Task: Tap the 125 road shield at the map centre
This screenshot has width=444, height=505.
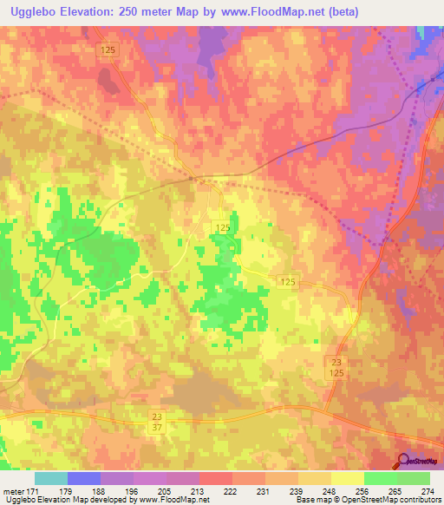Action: click(x=223, y=227)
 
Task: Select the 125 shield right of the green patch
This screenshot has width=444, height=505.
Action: click(x=289, y=283)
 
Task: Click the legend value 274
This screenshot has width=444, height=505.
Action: click(x=428, y=490)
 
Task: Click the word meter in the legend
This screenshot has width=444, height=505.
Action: click(x=14, y=490)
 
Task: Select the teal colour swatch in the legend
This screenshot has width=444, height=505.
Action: click(x=51, y=478)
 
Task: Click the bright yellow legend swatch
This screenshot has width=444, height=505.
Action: click(x=348, y=478)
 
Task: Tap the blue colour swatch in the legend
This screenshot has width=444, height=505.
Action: click(x=84, y=478)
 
